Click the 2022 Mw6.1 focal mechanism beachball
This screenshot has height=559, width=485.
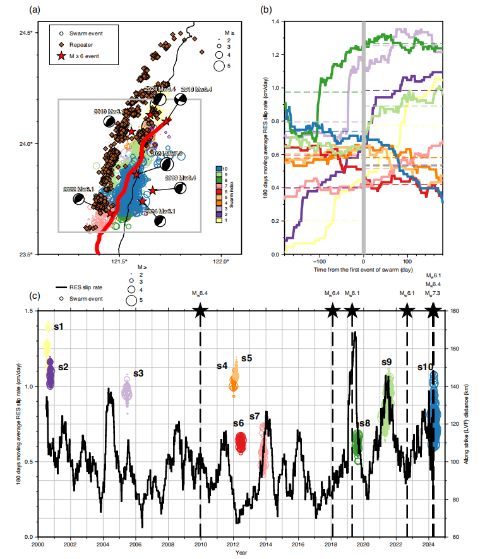click(78, 198)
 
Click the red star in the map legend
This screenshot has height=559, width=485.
click(61, 56)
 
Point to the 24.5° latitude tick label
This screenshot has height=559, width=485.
click(27, 33)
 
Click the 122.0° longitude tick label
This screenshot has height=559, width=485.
click(220, 261)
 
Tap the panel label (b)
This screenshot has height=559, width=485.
click(266, 9)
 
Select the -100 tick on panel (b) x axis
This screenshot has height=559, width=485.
click(320, 261)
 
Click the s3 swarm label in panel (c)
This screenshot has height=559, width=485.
click(139, 373)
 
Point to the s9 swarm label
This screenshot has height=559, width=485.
click(387, 362)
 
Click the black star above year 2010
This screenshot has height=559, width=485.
click(200, 310)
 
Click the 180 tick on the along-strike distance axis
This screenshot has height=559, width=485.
click(453, 311)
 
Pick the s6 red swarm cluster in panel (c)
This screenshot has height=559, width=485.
click(241, 442)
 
